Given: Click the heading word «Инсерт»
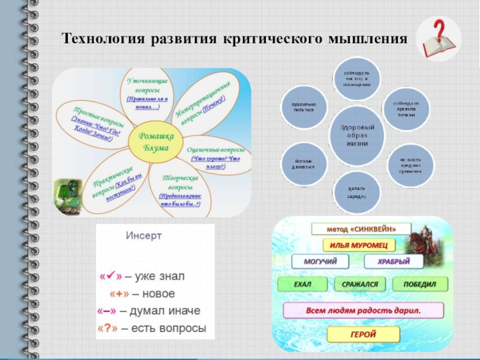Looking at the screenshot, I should tap(143, 236).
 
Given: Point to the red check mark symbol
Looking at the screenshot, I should tap(109, 277).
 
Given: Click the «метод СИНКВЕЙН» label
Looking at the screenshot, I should tap(361, 229).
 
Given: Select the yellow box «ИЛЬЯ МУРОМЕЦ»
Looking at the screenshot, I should tap(359, 245).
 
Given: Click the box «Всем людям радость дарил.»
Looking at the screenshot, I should tap(363, 310).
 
